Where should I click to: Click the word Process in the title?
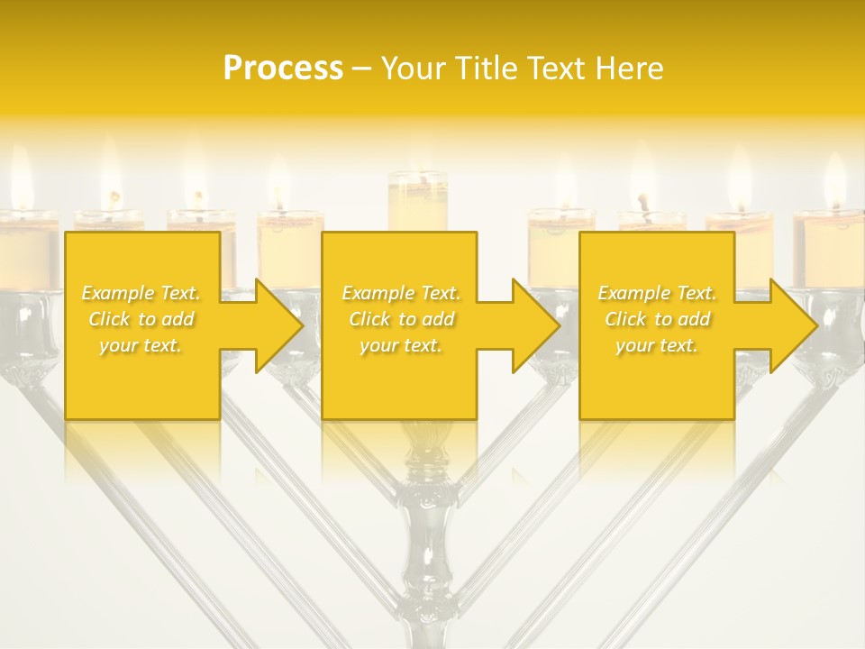tap(283, 69)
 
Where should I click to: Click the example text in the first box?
tap(141, 319)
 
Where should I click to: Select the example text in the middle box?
tap(400, 319)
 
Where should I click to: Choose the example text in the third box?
tap(656, 319)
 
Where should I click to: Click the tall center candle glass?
tap(417, 202)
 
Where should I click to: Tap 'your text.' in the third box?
tap(656, 345)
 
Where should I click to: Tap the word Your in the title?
tap(413, 69)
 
